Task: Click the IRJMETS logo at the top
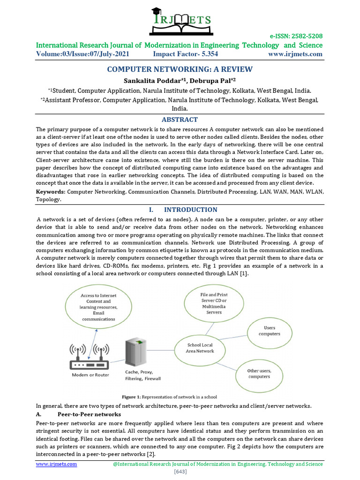[x=180, y=20]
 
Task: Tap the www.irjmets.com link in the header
[x=295, y=54]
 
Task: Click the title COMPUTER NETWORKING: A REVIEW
[x=180, y=69]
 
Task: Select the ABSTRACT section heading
[x=180, y=120]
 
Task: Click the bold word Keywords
[x=51, y=192]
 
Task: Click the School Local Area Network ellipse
[x=201, y=348]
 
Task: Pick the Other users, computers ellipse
[x=259, y=373]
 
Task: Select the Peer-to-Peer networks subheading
[x=89, y=414]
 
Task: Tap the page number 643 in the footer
[x=180, y=472]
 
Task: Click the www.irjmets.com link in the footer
[x=57, y=464]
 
